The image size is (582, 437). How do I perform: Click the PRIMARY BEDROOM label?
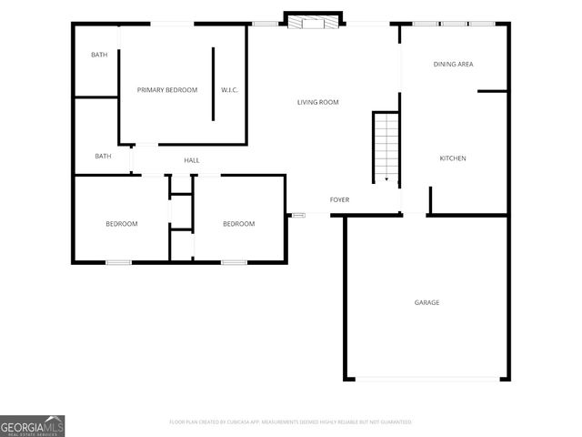(167, 90)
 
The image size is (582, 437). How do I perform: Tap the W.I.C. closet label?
(229, 90)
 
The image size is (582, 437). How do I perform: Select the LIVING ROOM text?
(318, 102)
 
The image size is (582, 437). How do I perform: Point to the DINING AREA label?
(453, 64)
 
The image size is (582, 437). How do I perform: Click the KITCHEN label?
(453, 158)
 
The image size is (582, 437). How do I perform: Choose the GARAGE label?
(427, 302)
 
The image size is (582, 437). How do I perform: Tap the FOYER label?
(339, 199)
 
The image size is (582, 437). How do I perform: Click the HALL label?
(192, 161)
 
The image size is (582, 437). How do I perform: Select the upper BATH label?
(99, 56)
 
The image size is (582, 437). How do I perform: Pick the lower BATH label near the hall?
(104, 156)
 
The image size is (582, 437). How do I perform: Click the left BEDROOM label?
(121, 224)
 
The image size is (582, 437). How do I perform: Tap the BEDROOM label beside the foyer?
(239, 224)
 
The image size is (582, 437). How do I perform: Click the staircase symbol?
(386, 146)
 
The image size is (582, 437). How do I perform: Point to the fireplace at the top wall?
(314, 20)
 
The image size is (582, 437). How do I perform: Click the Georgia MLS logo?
(33, 425)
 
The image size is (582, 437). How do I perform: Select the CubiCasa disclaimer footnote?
(290, 422)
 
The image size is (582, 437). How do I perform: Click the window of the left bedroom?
(118, 262)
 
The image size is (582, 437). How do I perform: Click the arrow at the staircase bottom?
(386, 178)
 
